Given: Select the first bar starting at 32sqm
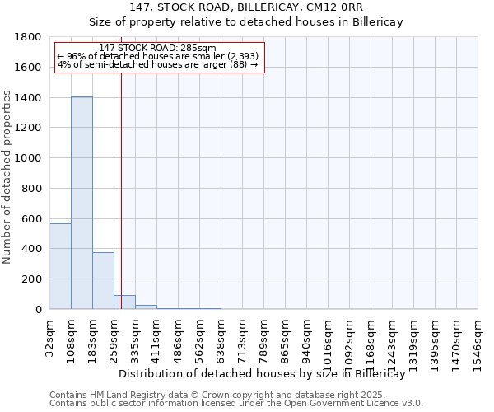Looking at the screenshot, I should coord(60,266).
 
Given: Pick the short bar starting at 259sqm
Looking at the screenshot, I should coord(124,302).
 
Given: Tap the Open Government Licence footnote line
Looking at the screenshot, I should coord(236,404).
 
